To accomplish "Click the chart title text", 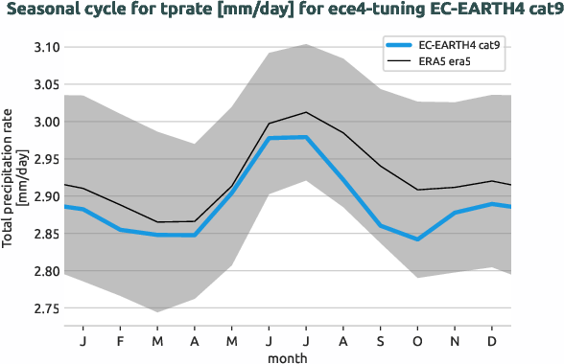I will click(281, 11).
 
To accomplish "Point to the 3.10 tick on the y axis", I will click(46, 47).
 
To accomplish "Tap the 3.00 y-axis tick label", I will click(46, 122).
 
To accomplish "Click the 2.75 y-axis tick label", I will click(46, 308).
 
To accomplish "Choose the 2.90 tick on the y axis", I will click(46, 196).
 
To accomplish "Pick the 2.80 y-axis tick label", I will click(46, 271).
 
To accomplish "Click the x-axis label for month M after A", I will click(231, 341).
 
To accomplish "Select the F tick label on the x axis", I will click(121, 341).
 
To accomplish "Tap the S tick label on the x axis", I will click(380, 341).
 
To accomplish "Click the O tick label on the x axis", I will click(417, 341).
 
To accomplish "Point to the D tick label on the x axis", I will click(491, 341).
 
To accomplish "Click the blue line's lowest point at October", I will click(417, 239).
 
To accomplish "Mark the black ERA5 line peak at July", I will click(305, 112).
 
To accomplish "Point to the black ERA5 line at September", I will click(380, 166).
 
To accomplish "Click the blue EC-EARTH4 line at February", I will click(121, 230).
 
